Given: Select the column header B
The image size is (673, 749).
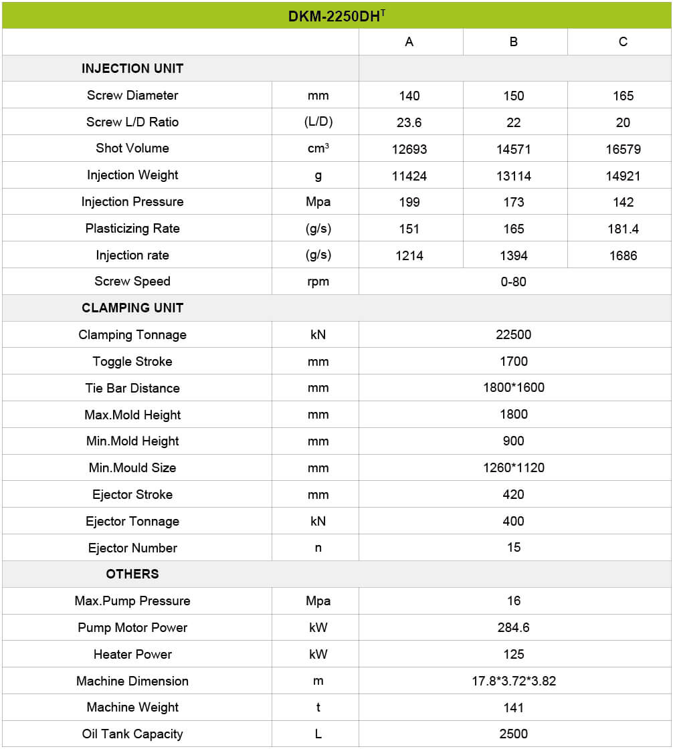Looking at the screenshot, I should click(x=514, y=42).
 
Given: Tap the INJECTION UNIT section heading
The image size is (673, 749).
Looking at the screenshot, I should click(x=132, y=68).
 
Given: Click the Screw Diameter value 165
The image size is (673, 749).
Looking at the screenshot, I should click(x=623, y=96).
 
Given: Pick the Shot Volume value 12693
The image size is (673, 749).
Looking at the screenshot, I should click(x=409, y=149).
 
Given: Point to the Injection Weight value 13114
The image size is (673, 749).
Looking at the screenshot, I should click(x=514, y=176).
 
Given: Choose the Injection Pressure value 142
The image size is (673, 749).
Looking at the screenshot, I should click(x=623, y=202).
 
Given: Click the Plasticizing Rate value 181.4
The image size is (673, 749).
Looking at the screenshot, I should click(x=623, y=229).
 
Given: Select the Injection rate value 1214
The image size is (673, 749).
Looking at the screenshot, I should click(x=409, y=255).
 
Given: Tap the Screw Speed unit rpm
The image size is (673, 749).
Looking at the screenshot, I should click(x=318, y=282).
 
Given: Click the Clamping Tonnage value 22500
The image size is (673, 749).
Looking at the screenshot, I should click(x=514, y=335).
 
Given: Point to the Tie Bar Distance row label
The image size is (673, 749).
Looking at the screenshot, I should click(x=132, y=388).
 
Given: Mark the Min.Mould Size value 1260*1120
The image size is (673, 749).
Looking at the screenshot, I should click(x=514, y=468).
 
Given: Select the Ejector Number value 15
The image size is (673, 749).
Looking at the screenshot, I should click(x=514, y=548).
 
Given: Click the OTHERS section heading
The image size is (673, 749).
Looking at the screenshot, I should click(x=132, y=574).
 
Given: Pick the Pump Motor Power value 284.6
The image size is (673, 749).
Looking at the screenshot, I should click(x=514, y=628).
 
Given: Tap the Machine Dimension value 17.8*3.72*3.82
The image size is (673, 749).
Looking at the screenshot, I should click(x=514, y=681).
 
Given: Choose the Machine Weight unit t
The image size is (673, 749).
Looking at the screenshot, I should click(x=318, y=708).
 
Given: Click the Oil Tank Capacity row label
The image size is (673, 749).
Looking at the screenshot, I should click(x=132, y=734).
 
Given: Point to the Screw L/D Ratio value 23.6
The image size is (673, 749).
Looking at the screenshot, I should click(x=409, y=122).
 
